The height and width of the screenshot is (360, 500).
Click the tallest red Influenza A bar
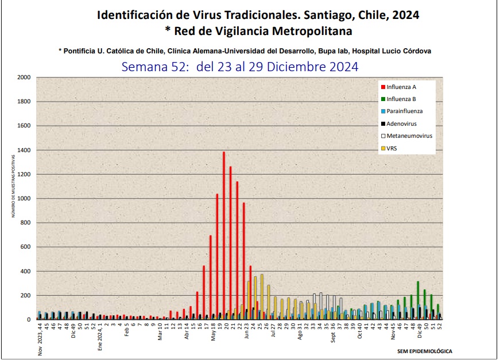[223, 235]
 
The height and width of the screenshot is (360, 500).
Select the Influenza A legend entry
[401, 87]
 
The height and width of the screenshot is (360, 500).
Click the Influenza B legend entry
[401, 99]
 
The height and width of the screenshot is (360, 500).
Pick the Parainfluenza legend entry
[405, 111]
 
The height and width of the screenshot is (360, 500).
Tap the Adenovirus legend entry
[402, 123]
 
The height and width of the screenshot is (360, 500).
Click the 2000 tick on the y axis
[24, 78]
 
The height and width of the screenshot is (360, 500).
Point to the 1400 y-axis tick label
[24, 150]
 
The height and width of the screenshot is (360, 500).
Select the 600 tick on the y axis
[26, 247]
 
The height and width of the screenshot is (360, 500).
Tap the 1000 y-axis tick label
[24, 199]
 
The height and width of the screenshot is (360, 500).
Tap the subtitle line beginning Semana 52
[240, 67]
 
